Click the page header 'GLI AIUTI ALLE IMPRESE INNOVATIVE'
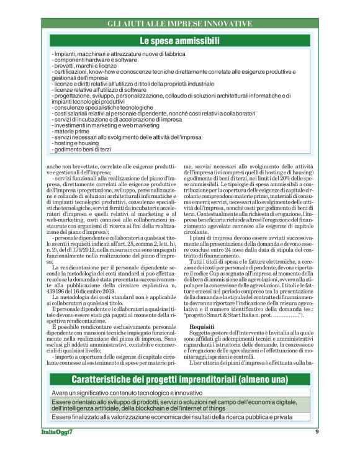point(179,24)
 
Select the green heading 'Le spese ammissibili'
point(179,42)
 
